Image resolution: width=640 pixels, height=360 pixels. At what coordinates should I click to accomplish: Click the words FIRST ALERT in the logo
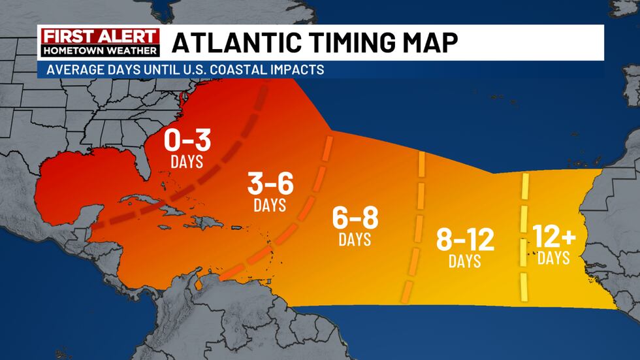99,37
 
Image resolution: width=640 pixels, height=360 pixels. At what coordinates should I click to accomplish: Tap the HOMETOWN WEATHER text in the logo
99,50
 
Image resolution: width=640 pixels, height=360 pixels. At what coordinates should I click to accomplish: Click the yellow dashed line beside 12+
524,235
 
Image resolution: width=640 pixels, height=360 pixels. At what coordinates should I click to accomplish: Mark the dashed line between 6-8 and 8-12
416,222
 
